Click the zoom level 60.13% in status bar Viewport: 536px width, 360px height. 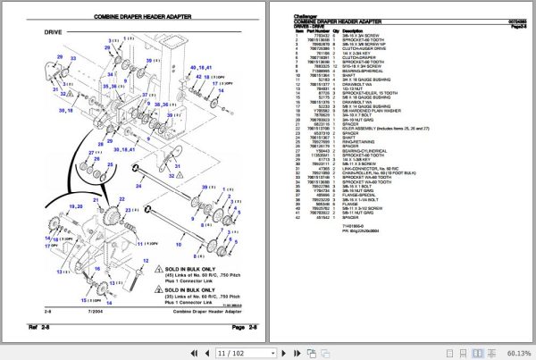tap(516, 352)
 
